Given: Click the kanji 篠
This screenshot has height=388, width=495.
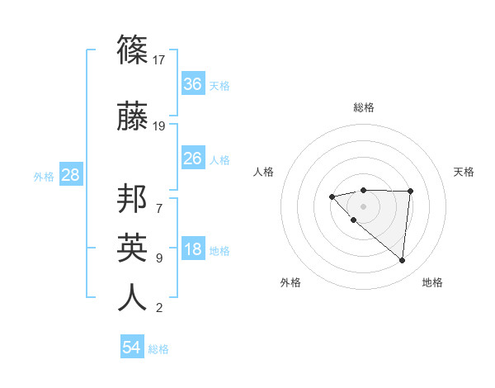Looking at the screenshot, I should pos(132,52).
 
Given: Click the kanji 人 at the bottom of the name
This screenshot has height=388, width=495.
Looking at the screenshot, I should pos(132,296).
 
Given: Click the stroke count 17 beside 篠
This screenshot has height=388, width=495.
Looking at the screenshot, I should pos(160,59).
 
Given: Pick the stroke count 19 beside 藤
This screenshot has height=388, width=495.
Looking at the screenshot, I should pos(160,126).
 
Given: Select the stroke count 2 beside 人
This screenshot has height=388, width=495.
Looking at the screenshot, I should pos(159,309).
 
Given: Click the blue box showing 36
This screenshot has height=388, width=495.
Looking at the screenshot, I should pos(193,84).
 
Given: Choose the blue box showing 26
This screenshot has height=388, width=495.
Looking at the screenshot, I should pos(193,159).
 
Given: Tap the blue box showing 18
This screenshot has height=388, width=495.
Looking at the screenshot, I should pos(193,250).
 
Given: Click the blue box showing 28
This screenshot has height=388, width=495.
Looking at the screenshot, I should pos(70,175).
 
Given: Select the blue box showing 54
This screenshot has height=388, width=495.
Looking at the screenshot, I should pos(132,348).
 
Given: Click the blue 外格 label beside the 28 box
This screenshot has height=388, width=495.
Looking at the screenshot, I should pos(44,176).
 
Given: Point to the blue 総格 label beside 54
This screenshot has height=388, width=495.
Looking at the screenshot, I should pos(159,349).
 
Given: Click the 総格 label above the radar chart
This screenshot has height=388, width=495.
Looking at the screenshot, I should pos(363,108).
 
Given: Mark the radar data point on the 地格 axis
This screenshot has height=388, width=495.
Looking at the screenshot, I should pos(402,261).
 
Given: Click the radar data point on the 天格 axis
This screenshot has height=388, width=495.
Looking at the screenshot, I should pos(410,192).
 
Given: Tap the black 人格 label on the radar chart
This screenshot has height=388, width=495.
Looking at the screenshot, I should pos(264,172).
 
